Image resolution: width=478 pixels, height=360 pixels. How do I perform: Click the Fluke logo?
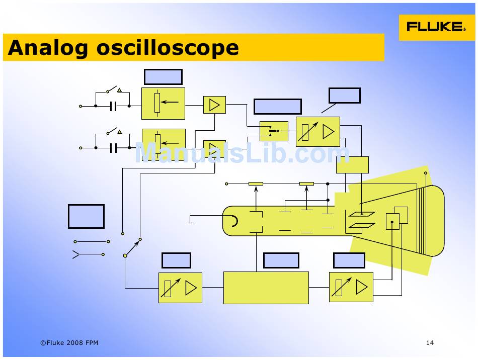[x=436, y=27]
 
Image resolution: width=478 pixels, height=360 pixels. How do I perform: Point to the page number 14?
[x=430, y=343]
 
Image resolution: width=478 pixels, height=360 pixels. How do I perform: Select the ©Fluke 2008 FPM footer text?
[x=69, y=343]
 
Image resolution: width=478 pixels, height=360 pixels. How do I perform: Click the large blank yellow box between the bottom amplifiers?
[x=266, y=288]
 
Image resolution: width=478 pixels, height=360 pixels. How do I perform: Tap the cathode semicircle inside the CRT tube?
[x=234, y=221]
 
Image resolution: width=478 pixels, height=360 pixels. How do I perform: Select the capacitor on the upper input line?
[x=113, y=106]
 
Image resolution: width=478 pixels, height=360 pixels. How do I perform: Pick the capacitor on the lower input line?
[x=113, y=148]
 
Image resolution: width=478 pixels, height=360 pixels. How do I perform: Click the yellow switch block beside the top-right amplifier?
[x=274, y=131]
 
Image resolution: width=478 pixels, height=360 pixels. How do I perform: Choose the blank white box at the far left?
[x=86, y=216]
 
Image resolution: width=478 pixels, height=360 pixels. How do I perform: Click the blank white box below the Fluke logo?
[x=344, y=96]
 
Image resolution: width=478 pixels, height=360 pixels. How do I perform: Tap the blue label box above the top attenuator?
[x=163, y=77]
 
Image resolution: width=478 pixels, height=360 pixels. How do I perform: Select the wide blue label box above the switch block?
[x=277, y=107]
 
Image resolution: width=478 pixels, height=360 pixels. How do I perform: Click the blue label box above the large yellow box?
[x=281, y=260]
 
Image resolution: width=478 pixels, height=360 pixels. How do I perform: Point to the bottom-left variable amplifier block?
[x=180, y=288]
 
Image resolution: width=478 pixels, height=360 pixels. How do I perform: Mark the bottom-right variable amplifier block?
[x=351, y=287]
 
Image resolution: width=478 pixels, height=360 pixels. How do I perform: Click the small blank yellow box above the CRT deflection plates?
[x=352, y=165]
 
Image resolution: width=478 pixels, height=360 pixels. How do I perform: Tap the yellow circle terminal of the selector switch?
[x=125, y=255]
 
